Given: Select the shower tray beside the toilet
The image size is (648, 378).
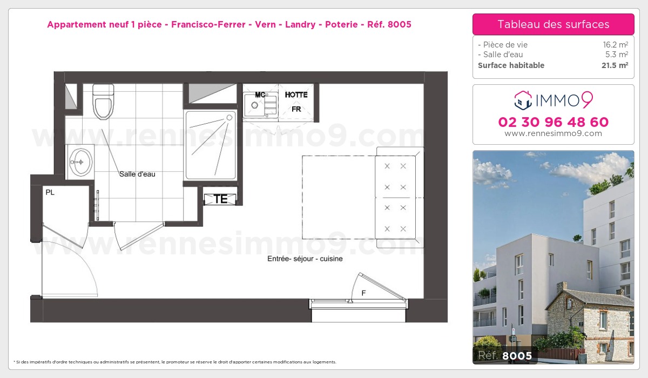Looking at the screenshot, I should click(211, 144).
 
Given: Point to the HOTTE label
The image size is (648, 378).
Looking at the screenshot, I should click(296, 95).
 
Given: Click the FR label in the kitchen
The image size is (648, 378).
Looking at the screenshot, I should click(296, 109).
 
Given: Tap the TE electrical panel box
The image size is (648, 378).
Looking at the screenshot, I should click(220, 199).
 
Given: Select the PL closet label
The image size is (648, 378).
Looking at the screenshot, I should click(50, 192).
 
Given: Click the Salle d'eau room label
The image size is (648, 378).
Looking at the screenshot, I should click(137, 174).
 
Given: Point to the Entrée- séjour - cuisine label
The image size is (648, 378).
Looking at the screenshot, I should click(305, 259).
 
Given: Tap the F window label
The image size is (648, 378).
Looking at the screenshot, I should click(363, 293).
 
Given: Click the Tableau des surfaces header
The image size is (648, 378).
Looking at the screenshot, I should click(553, 24).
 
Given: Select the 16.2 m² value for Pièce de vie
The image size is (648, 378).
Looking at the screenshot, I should click(615, 45).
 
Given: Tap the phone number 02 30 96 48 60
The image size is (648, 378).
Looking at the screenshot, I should click(553, 122).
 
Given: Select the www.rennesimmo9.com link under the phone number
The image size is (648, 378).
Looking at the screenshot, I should click(553, 134).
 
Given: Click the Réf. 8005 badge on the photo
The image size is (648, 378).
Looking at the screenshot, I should click(503, 355).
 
